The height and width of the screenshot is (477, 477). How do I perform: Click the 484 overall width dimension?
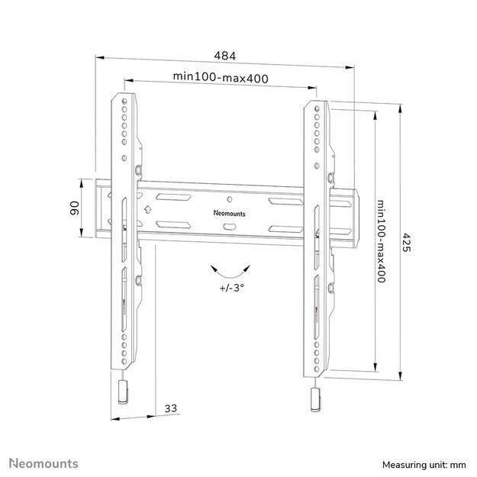coord(224,56)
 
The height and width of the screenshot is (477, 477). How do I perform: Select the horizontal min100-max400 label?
coord(220,76)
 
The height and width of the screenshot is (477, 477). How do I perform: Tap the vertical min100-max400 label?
coord(379,241)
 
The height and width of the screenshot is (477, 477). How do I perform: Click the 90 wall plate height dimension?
coord(76,208)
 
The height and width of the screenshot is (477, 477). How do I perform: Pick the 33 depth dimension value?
coord(171,409)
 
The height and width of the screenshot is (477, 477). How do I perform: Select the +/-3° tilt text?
coord(230,288)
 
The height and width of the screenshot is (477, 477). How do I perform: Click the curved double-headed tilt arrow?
coord(230,270)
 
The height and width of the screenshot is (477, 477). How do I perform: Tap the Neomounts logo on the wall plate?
coord(228,214)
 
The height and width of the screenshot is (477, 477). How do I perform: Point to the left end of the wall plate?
coord(100,208)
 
